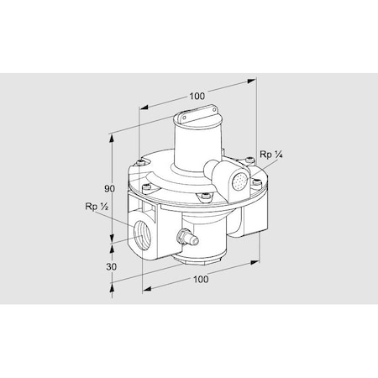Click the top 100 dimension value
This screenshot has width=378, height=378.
coord(197,97)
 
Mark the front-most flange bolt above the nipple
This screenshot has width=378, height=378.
coord(202,199)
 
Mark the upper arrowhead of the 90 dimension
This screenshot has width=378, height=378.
coord(113,137)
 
